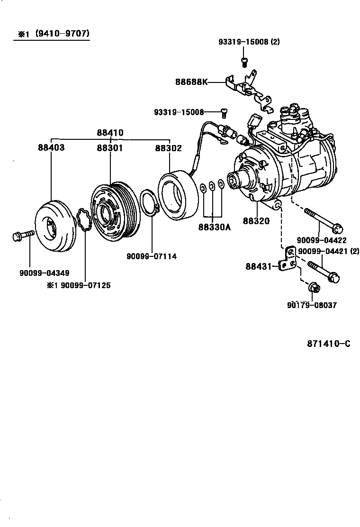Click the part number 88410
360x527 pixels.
pyautogui.click(x=110, y=133)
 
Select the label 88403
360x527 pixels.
pyautogui.click(x=51, y=148)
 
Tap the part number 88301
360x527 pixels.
pyautogui.click(x=110, y=148)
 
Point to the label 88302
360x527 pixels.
pyautogui.click(x=168, y=148)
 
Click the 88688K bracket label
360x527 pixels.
pyautogui.click(x=191, y=82)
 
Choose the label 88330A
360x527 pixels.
pyautogui.click(x=214, y=227)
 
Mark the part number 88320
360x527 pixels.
pyautogui.click(x=256, y=221)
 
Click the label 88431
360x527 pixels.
pyautogui.click(x=258, y=266)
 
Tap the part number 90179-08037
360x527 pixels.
pyautogui.click(x=312, y=305)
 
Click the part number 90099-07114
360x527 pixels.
pyautogui.click(x=152, y=256)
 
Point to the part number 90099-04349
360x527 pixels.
pyautogui.click(x=45, y=273)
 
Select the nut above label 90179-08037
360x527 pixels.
pyautogui.click(x=313, y=288)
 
